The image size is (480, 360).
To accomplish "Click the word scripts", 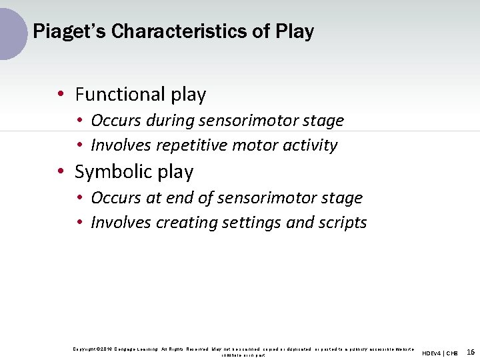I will point(343,223).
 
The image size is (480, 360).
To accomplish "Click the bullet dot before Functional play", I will point(61,95).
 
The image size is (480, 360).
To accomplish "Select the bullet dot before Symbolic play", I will point(61,173).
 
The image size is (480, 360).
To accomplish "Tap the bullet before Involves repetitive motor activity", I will point(79,146).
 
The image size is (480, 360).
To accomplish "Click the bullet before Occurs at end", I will point(79,199).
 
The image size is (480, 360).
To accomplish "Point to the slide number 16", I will point(471,352).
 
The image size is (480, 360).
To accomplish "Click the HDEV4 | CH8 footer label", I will point(440,353).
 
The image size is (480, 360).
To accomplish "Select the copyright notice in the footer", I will point(243,351).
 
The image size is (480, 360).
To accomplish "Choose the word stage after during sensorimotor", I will point(323,121).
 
